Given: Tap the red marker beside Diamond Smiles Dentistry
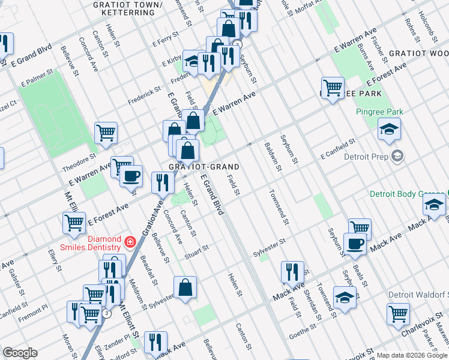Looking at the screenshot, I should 130,242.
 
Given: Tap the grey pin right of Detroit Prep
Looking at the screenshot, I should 396,157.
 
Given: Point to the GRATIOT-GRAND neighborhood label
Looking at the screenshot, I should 204,167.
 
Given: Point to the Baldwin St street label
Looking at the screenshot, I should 272,155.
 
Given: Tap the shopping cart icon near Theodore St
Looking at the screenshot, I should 106,132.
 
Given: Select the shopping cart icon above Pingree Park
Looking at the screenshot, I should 332,87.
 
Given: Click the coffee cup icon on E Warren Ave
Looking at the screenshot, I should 131,176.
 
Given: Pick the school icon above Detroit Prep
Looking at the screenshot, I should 389,128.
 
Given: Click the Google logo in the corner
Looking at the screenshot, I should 20,353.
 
